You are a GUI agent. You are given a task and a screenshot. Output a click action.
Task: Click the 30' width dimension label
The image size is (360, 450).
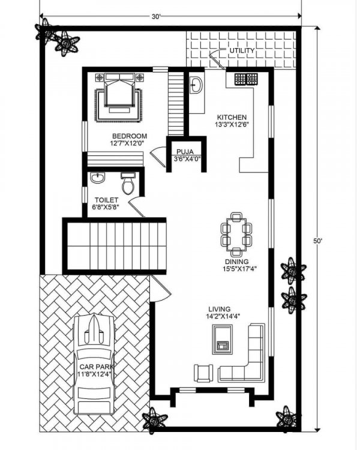click(156, 17)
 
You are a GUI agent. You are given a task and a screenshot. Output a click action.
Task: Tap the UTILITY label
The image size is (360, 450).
click(242, 50)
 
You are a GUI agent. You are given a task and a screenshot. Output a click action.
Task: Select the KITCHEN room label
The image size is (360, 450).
click(232, 118)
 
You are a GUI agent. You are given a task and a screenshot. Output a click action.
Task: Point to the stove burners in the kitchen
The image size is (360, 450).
click(246, 79)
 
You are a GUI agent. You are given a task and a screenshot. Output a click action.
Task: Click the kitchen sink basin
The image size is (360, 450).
click(196, 85)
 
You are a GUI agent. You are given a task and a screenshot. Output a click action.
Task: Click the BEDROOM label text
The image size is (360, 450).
click(130, 136)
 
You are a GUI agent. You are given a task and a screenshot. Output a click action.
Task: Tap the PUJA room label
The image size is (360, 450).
click(185, 152)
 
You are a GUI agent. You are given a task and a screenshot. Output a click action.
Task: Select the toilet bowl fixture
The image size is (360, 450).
click(128, 183)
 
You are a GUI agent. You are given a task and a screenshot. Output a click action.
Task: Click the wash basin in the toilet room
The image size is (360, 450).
click(98, 178)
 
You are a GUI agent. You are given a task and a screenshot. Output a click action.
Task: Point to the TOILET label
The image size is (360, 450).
click(107, 200)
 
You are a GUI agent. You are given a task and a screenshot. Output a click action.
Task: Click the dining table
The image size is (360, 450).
click(236, 234)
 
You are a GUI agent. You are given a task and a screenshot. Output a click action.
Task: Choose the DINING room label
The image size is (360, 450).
click(236, 262)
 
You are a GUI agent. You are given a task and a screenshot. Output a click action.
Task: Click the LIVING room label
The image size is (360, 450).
click(220, 310)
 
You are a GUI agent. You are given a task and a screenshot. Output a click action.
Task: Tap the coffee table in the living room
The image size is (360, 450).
click(222, 340)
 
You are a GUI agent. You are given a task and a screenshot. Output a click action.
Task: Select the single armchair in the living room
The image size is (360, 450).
click(203, 373)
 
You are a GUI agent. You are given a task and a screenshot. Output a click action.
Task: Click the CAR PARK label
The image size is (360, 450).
click(97, 367)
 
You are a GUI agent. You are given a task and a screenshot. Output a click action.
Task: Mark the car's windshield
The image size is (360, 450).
click(94, 355)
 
